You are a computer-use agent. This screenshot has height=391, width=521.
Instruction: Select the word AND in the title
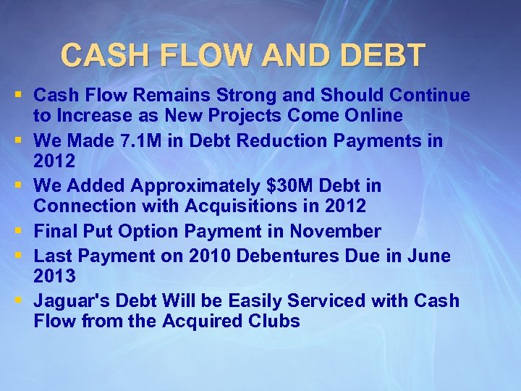[279, 54]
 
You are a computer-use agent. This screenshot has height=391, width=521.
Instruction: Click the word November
[335, 232]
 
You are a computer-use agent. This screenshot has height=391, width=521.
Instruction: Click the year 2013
[55, 276]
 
